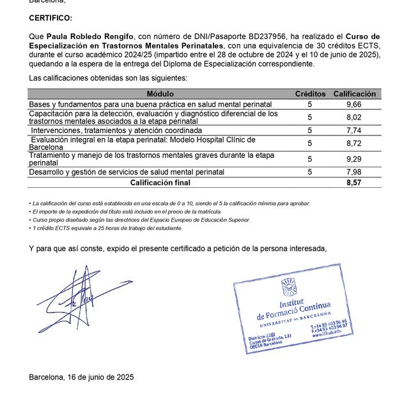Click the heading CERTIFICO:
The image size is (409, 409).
coord(51,19)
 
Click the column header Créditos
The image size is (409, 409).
coord(310,94)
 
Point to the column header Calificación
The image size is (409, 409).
coord(354,94)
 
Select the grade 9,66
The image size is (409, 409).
coord(353,104)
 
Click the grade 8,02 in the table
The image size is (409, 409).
coord(353,117)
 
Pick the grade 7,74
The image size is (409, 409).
coord(353,130)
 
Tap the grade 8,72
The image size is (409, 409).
coord(353,143)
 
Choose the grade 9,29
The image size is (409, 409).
coord(353,158)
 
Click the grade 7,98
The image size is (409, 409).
coord(353,172)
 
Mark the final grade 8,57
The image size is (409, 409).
coord(353,182)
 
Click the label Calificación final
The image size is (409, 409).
coord(160,182)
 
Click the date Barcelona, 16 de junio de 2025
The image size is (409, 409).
coord(81,377)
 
